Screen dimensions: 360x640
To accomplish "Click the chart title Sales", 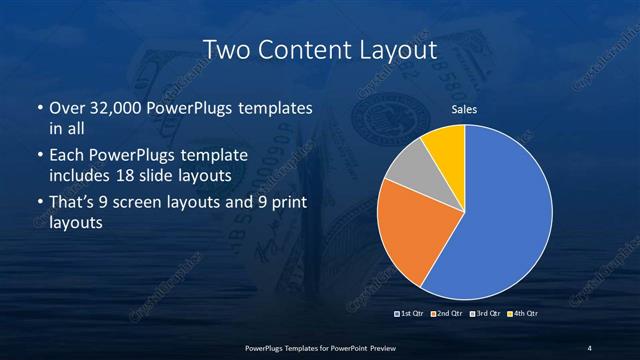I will [x=463, y=109].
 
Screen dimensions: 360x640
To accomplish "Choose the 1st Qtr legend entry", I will [x=410, y=315].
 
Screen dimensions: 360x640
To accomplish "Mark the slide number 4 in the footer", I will [x=589, y=347].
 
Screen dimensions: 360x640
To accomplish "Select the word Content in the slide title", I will [x=301, y=49].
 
